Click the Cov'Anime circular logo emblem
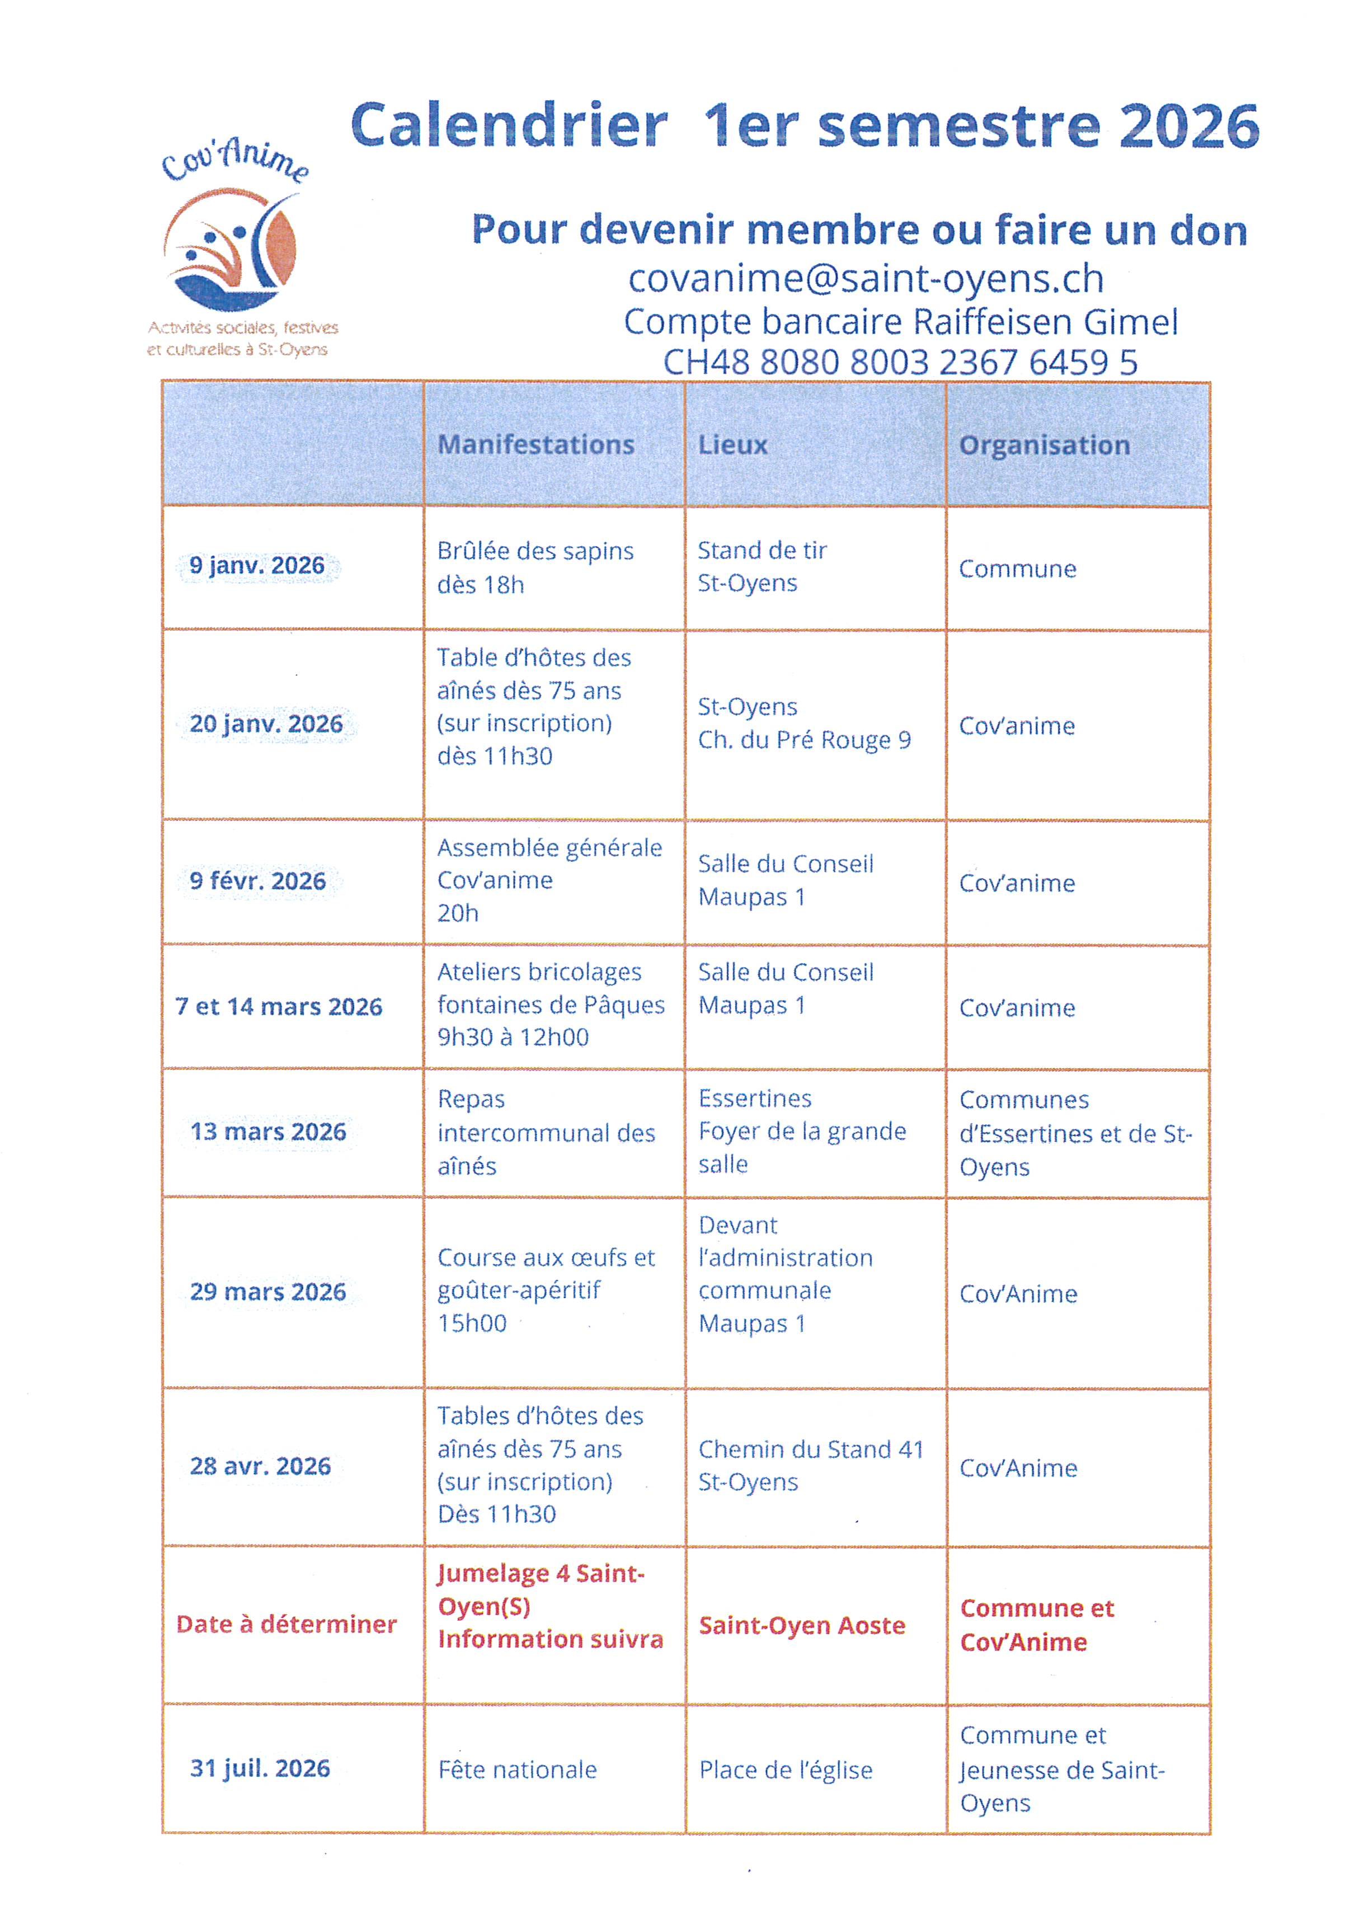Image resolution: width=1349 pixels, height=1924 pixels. click(x=231, y=249)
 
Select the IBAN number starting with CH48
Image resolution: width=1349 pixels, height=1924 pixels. click(x=900, y=362)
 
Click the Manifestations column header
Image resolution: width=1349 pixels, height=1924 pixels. click(x=535, y=444)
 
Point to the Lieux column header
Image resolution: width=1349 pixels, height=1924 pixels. click(x=732, y=444)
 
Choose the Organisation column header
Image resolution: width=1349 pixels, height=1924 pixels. click(x=1044, y=445)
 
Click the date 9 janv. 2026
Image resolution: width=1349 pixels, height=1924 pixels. click(x=256, y=566)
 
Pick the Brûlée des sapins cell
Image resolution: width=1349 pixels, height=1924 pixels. click(x=534, y=567)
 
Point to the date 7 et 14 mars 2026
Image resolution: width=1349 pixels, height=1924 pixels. click(x=278, y=1006)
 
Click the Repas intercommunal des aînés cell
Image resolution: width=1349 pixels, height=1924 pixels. click(x=546, y=1132)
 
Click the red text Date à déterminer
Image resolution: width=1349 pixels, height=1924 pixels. click(x=286, y=1624)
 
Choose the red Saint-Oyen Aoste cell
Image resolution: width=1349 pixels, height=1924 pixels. click(x=802, y=1626)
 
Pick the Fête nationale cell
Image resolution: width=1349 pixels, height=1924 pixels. click(x=517, y=1770)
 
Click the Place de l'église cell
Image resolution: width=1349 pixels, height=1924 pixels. click(x=785, y=1770)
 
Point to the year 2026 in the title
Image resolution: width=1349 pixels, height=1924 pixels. click(x=1188, y=126)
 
